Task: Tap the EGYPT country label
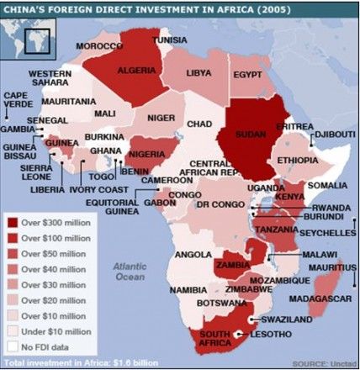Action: pos(247,75)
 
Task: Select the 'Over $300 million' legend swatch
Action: pos(13,222)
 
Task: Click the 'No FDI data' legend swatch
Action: pos(13,344)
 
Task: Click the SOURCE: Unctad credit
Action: pos(323,362)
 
